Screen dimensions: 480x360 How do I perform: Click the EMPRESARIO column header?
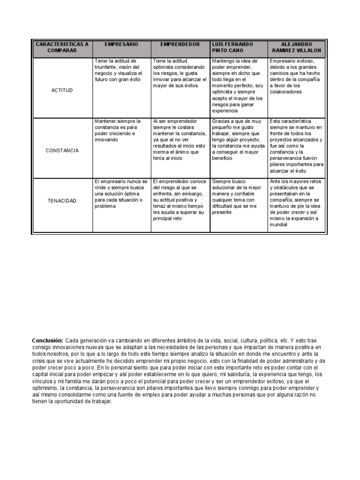[x=121, y=44]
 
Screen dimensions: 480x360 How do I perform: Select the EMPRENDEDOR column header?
[x=180, y=44]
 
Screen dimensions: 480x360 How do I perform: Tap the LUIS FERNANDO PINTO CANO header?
[x=232, y=47]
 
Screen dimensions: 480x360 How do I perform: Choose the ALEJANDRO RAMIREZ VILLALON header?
[x=296, y=47]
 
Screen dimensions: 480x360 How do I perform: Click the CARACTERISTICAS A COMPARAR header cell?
[x=62, y=47]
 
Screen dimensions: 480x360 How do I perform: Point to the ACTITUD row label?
[x=62, y=90]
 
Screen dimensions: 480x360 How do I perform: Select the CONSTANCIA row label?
[x=62, y=150]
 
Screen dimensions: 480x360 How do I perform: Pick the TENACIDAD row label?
[x=62, y=201]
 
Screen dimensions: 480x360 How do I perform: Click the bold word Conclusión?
[x=47, y=340]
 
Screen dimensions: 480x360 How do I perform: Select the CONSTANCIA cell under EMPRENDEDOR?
[x=180, y=140]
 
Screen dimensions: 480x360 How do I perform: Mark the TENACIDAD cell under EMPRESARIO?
[x=121, y=193]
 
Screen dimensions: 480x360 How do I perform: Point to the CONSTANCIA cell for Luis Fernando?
[x=238, y=140]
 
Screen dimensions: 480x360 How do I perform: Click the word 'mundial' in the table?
[x=278, y=225]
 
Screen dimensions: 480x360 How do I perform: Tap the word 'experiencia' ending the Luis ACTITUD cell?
[x=225, y=111]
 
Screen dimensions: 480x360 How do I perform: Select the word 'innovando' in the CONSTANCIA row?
[x=106, y=140]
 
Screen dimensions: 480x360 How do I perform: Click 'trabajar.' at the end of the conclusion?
[x=102, y=401]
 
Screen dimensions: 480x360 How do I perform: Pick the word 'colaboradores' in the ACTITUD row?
[x=286, y=92]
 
